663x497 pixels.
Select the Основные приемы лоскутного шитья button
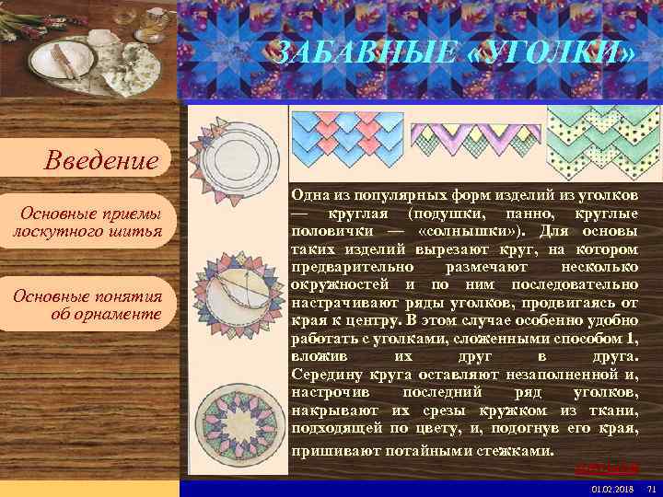[x=87, y=222]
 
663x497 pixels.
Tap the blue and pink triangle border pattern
[x=343, y=138]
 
